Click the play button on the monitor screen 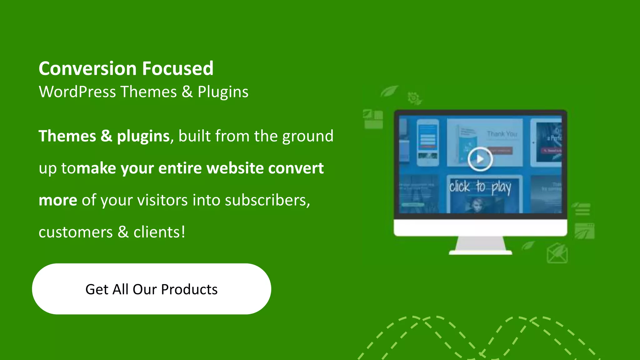480,159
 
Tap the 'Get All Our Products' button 152,289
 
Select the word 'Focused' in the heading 178,68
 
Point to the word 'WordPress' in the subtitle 77,92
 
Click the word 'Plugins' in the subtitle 223,92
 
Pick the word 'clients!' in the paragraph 159,232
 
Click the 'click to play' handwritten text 480,187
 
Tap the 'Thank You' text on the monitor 502,134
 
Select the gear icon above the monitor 414,98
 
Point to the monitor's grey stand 480,244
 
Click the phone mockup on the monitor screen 427,142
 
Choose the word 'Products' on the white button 189,289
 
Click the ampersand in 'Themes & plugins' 106,136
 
